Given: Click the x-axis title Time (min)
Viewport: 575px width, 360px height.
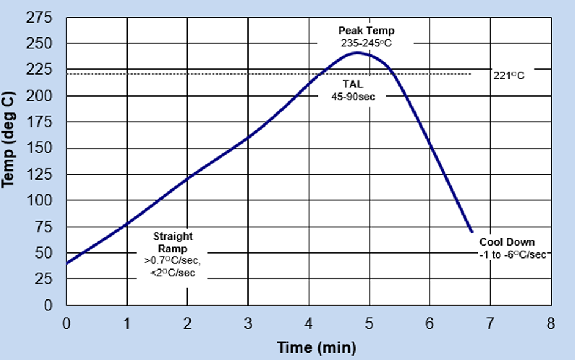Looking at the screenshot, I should point(316,348).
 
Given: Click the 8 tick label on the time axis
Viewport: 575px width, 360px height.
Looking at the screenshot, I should point(551,323).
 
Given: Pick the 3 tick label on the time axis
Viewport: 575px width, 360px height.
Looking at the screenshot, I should point(248,323).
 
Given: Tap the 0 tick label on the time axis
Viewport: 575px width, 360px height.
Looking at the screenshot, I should point(67,323).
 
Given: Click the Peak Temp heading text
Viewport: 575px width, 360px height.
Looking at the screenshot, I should point(367,31).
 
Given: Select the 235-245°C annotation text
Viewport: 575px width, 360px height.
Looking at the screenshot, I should point(367,43).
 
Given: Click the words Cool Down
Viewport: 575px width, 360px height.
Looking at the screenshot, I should point(507,242).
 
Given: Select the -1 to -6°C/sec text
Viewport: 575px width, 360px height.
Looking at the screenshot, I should point(512,254).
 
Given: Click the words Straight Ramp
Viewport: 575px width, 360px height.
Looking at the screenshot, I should point(173,243).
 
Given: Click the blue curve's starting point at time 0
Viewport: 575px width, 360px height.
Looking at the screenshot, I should point(67,263).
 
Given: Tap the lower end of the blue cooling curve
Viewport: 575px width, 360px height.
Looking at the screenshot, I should point(472,232).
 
